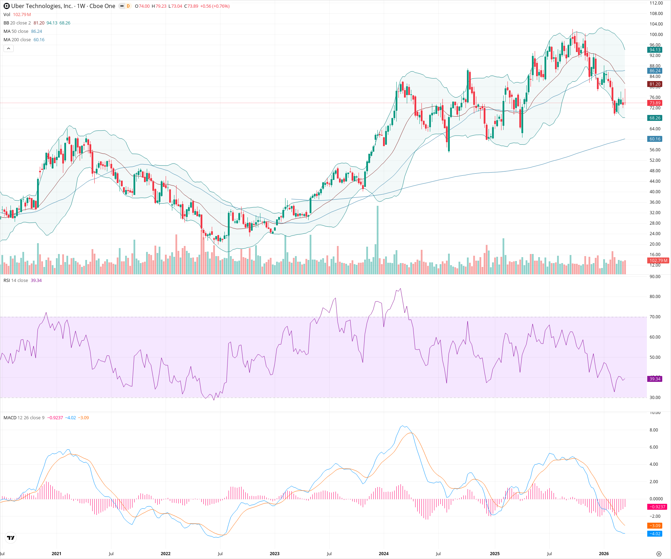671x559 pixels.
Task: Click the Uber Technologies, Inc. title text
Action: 42,6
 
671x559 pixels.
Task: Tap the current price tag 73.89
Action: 655,103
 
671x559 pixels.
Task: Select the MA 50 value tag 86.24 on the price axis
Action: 655,71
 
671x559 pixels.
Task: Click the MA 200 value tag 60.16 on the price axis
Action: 655,139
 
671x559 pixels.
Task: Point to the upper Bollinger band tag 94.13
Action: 655,50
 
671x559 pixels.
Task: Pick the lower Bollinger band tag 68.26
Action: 655,118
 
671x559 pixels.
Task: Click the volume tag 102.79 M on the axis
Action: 658,261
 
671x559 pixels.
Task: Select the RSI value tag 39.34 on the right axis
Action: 655,379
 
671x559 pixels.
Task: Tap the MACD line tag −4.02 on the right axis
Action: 655,534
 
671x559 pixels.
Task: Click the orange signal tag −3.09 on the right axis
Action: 655,526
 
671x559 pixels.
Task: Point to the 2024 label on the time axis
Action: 383,554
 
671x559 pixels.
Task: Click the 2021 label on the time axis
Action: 56,554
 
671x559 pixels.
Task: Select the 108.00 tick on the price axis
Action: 656,14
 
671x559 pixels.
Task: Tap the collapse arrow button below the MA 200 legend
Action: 8,49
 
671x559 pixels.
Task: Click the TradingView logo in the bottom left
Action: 11,538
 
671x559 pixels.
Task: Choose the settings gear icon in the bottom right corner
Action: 659,554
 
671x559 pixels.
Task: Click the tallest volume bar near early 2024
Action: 377,241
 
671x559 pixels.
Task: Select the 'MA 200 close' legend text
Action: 17,40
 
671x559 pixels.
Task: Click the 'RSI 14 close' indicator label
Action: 16,281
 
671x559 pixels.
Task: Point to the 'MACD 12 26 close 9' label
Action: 24,418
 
